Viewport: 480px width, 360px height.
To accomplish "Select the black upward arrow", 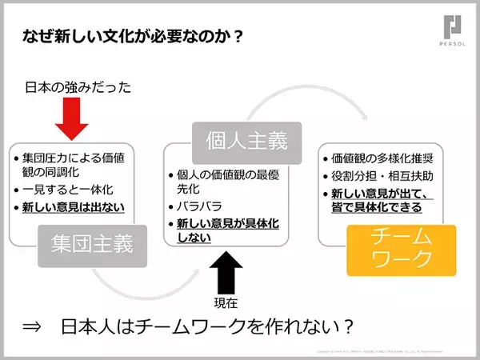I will pos(226,272).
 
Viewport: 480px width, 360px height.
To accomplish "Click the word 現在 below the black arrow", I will pos(226,302).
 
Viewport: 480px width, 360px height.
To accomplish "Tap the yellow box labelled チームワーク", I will pos(401,249).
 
